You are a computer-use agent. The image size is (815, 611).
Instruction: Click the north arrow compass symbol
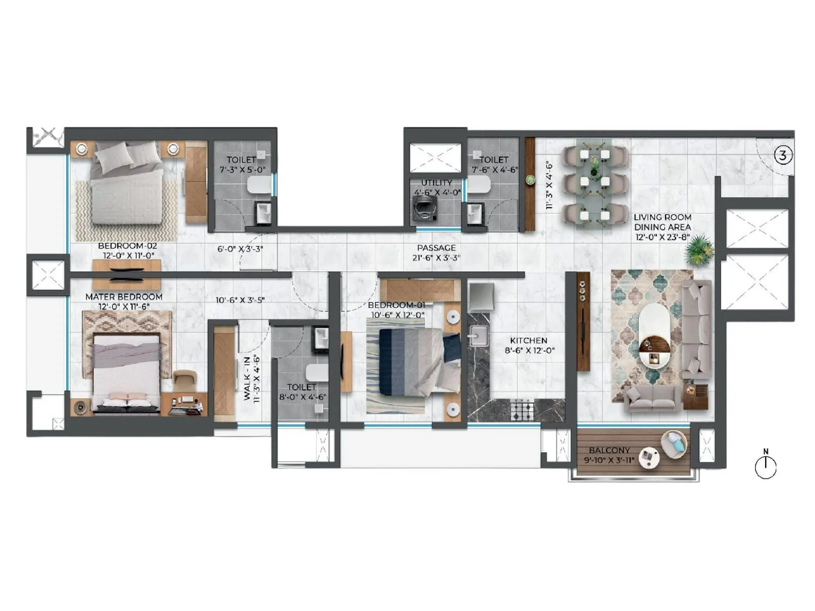tap(765, 466)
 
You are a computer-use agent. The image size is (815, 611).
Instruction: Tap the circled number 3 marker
tap(783, 155)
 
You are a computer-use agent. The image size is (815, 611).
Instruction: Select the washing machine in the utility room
tap(425, 207)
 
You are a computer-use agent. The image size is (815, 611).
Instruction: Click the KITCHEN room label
tap(529, 341)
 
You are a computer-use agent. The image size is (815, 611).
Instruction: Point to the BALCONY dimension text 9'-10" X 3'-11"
tap(609, 460)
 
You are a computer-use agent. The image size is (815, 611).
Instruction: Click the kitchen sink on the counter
tap(478, 337)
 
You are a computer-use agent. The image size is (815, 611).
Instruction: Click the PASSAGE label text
tap(436, 248)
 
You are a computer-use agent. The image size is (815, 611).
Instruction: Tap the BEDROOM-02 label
tap(127, 246)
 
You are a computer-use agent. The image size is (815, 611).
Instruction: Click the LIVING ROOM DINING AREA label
tap(662, 222)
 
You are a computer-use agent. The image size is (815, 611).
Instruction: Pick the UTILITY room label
tap(437, 183)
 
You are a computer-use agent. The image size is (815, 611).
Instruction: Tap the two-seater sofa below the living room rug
tap(652, 397)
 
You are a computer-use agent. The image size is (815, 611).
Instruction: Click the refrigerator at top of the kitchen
tap(481, 297)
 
